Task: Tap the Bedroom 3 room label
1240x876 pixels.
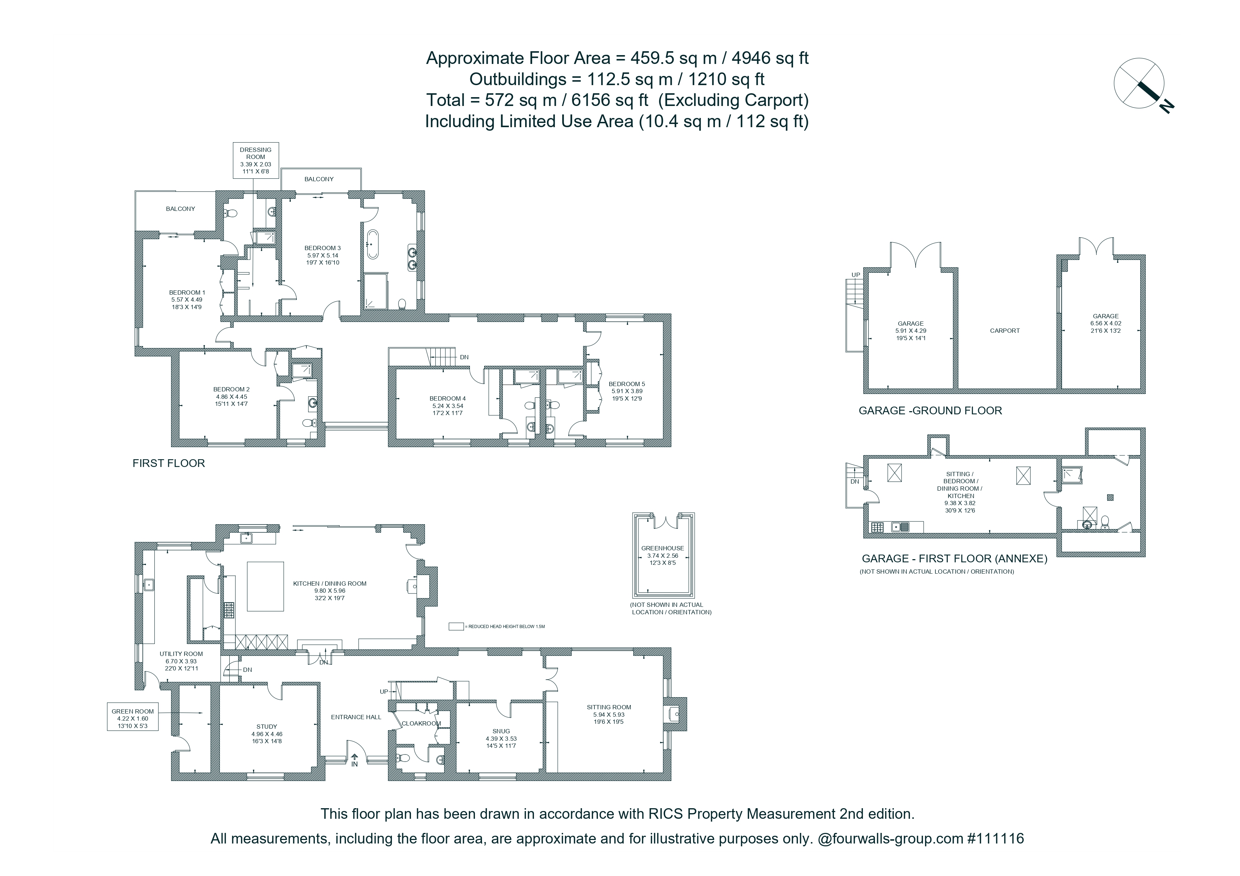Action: (322, 255)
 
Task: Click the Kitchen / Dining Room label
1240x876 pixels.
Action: (329, 591)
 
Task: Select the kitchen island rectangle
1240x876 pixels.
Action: (265, 586)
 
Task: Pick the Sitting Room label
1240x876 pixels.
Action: (609, 714)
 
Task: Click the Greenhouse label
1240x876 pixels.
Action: (663, 555)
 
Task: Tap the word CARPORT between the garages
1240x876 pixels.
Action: (1005, 330)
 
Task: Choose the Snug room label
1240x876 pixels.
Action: (501, 738)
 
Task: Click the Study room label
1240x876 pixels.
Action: (267, 734)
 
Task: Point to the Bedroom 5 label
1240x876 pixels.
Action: (627, 391)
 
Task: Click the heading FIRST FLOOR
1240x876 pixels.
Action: (169, 463)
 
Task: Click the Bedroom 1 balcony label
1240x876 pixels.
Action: (180, 209)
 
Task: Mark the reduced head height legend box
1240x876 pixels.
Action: (456, 627)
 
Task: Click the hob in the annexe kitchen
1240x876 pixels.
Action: (876, 527)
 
